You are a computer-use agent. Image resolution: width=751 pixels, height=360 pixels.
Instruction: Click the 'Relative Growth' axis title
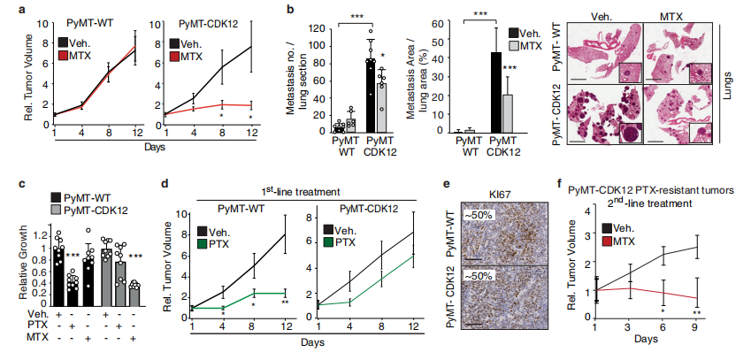tap(12, 259)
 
